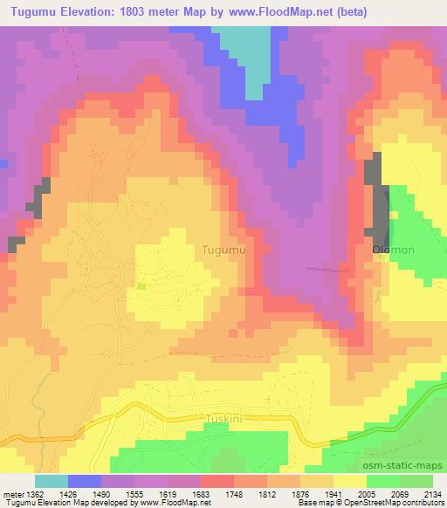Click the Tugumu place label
(223, 250)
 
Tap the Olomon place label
(393, 250)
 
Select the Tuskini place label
(230, 417)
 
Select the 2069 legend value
(397, 493)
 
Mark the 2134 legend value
(430, 493)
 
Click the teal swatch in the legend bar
(52, 481)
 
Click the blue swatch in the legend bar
(85, 481)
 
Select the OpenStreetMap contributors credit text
(392, 503)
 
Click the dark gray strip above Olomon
(380, 196)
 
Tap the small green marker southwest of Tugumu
(141, 285)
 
